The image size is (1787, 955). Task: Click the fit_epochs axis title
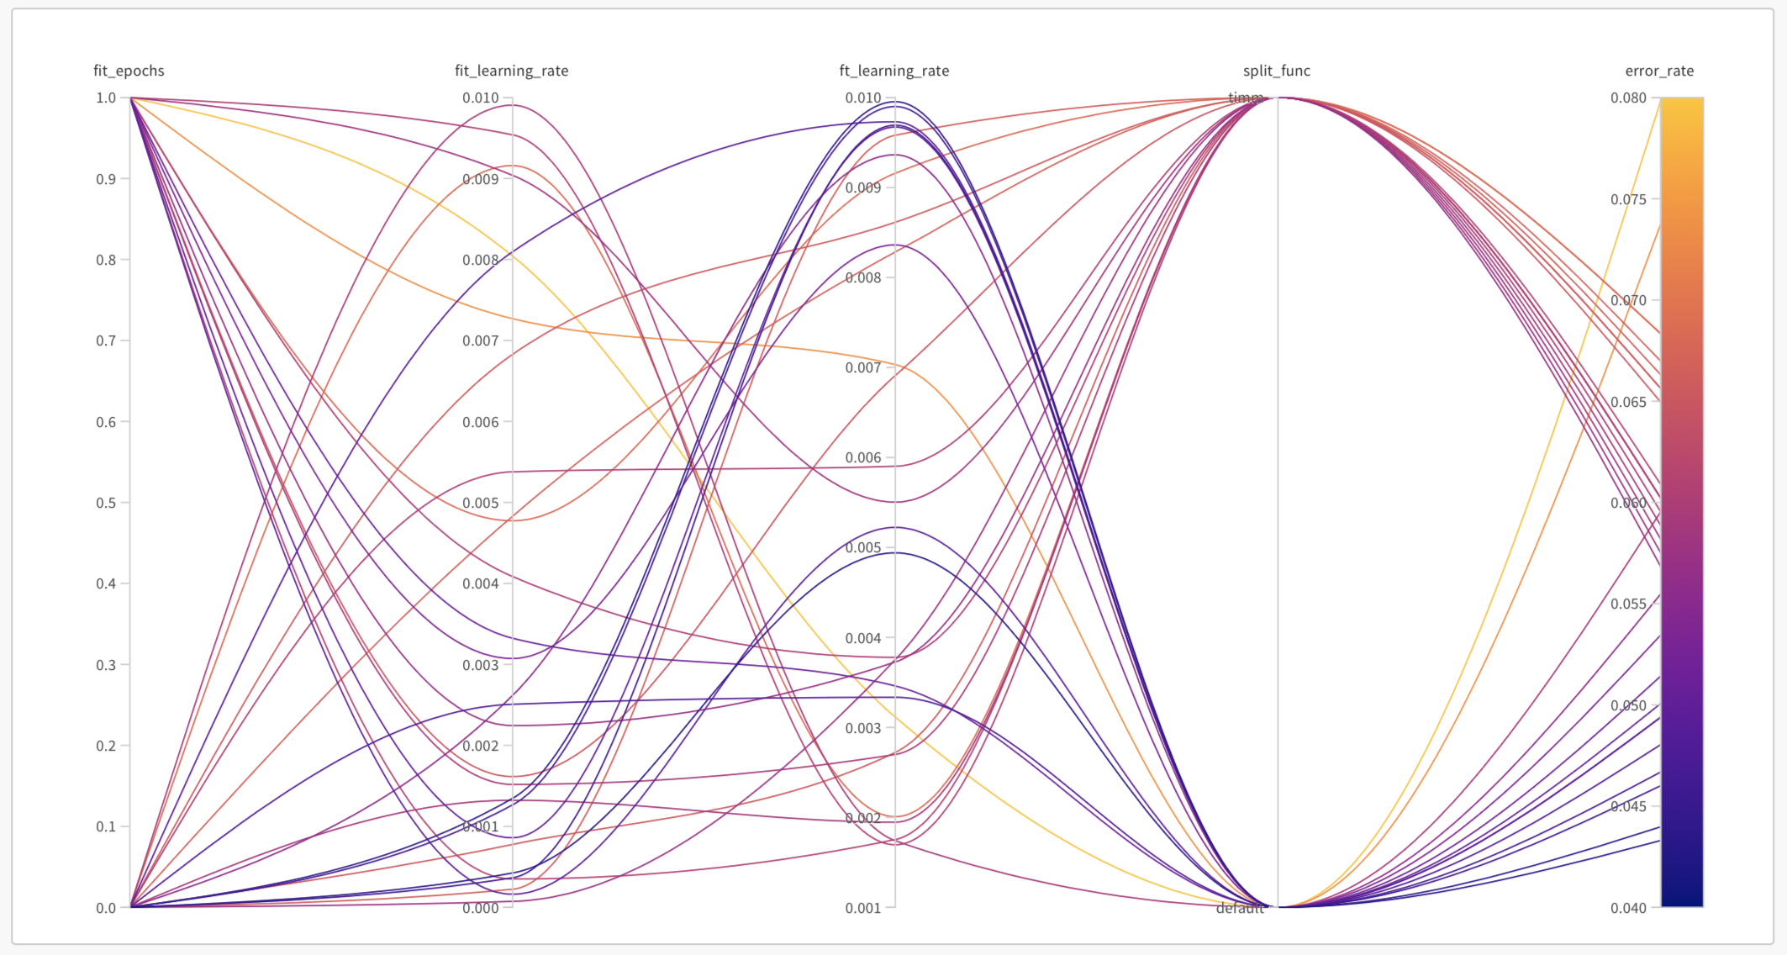pyautogui.click(x=129, y=71)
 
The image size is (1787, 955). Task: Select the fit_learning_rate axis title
pyautogui.click(x=511, y=71)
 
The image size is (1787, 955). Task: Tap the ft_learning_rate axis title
pyautogui.click(x=893, y=71)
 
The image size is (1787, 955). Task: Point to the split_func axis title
pyautogui.click(x=1276, y=71)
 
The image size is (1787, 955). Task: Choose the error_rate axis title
pyautogui.click(x=1658, y=71)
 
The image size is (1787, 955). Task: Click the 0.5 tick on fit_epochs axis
pyautogui.click(x=107, y=503)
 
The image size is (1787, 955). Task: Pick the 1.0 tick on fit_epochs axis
pyautogui.click(x=107, y=98)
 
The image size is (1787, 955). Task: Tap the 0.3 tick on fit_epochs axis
pyautogui.click(x=107, y=665)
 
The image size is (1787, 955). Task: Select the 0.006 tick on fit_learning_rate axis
pyautogui.click(x=481, y=422)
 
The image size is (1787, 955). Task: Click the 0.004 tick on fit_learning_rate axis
pyautogui.click(x=481, y=583)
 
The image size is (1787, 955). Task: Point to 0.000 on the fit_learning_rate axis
pyautogui.click(x=481, y=908)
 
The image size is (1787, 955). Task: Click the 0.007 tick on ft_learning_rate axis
pyautogui.click(x=863, y=367)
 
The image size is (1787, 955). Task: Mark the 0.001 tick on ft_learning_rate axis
pyautogui.click(x=863, y=908)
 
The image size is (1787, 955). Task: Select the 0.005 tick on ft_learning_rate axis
pyautogui.click(x=863, y=547)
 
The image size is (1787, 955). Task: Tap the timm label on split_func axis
pyautogui.click(x=1246, y=98)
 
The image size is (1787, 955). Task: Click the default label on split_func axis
pyautogui.click(x=1240, y=908)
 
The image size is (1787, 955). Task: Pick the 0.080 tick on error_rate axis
pyautogui.click(x=1628, y=98)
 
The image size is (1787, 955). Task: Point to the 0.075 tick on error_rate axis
pyautogui.click(x=1628, y=199)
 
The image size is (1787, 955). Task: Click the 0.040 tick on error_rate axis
pyautogui.click(x=1628, y=908)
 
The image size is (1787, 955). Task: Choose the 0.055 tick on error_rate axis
pyautogui.click(x=1628, y=604)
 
